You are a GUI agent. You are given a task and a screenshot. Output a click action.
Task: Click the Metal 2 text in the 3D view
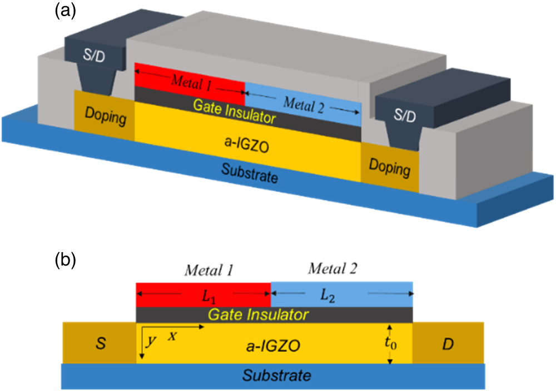click(303, 103)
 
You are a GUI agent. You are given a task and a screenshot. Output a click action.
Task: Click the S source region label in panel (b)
click(100, 344)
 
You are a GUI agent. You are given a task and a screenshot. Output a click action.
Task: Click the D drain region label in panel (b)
click(448, 344)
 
